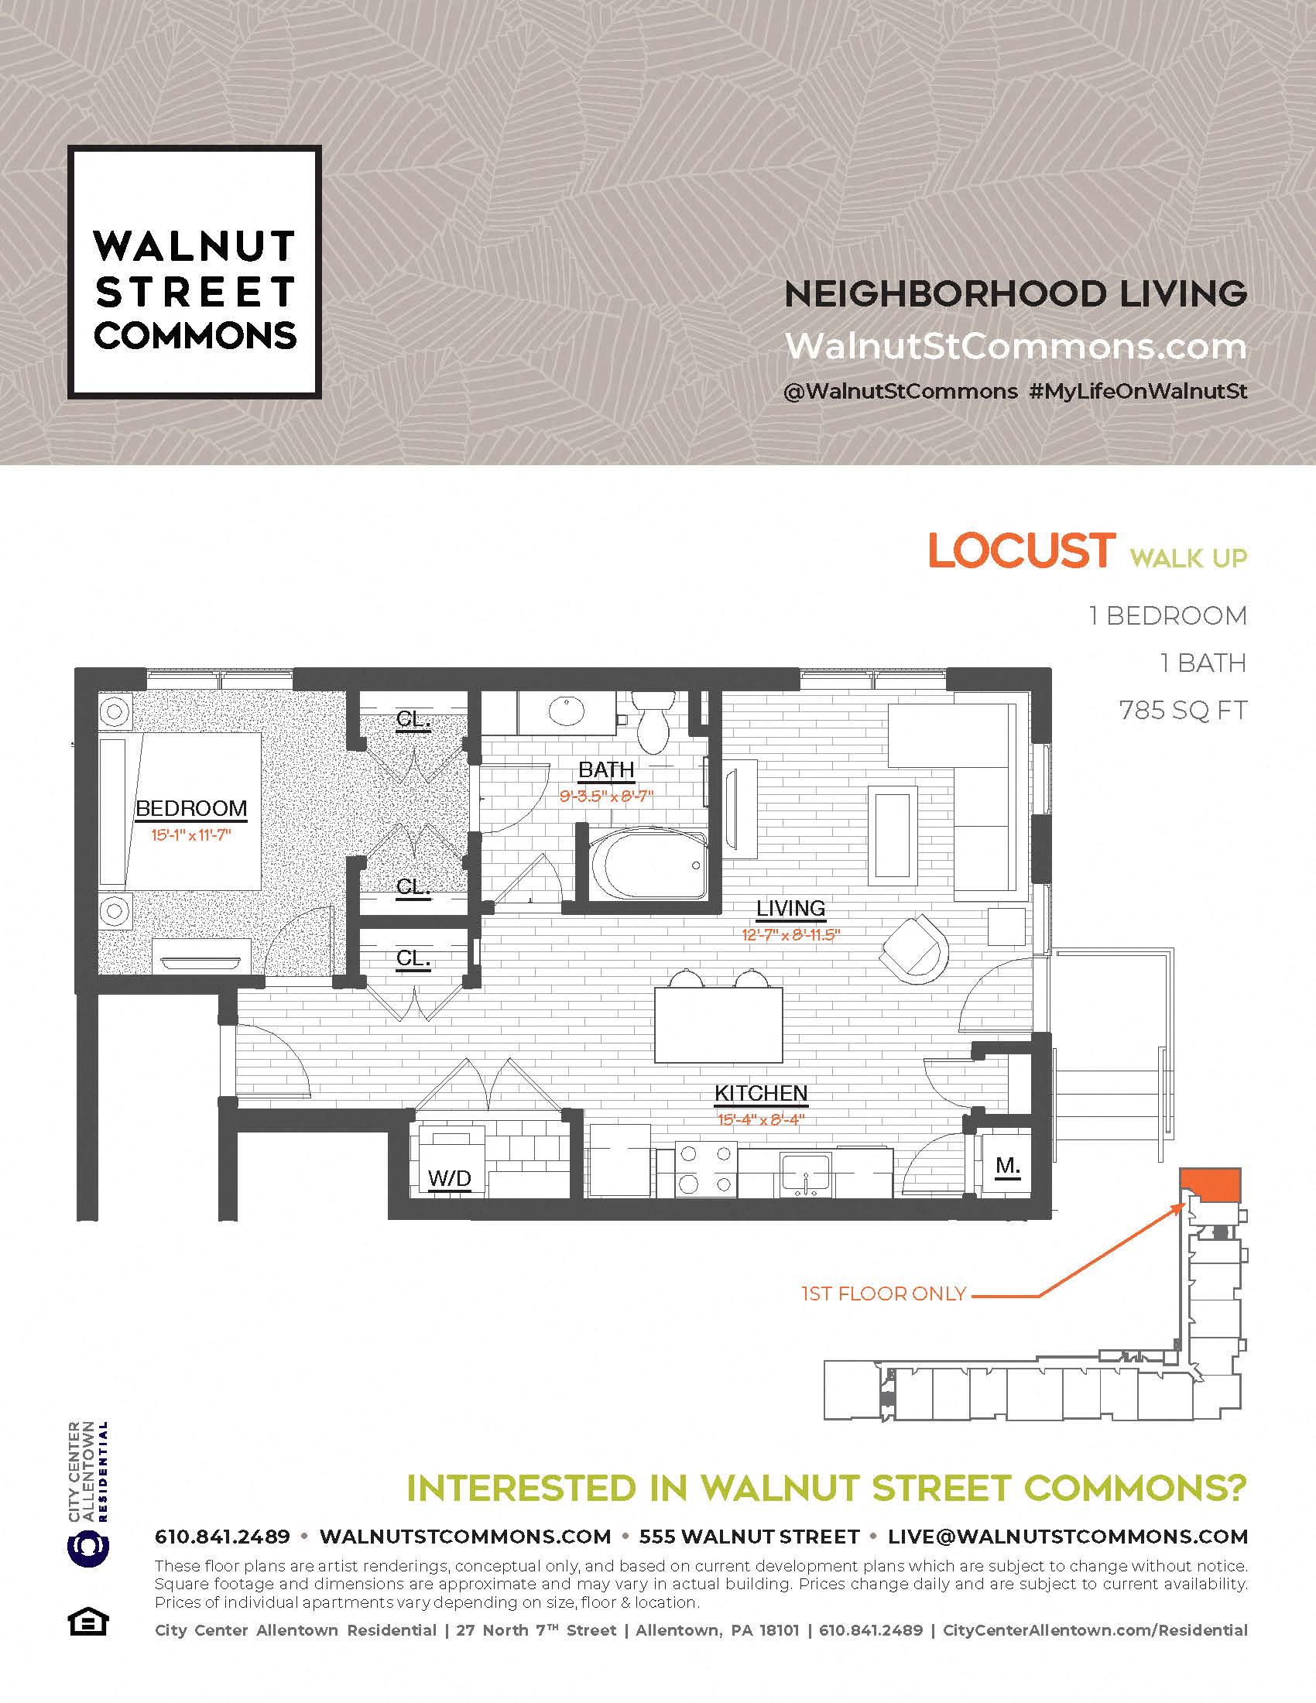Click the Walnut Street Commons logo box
(x=195, y=272)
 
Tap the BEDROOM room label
(x=191, y=809)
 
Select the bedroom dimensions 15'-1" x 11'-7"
(x=191, y=835)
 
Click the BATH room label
(x=606, y=770)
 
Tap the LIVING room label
(x=790, y=909)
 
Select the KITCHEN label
(x=761, y=1093)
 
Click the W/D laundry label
(x=450, y=1178)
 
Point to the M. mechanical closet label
(x=1007, y=1166)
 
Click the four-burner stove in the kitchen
(x=705, y=1170)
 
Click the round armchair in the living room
(x=914, y=948)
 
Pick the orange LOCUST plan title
(x=1021, y=551)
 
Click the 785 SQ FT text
(x=1183, y=711)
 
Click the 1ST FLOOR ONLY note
(x=883, y=1295)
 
